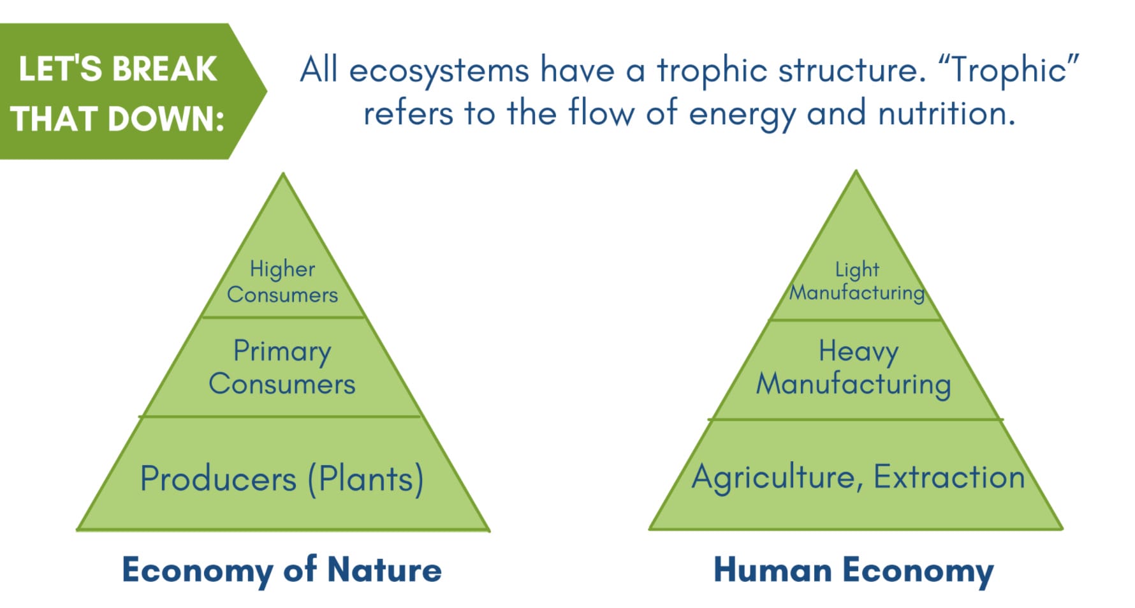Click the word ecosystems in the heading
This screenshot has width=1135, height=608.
click(439, 71)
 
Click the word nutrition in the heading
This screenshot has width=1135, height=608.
click(946, 112)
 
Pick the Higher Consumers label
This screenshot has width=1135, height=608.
click(282, 281)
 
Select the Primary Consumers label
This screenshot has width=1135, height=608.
click(282, 367)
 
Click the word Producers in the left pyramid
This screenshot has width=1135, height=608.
click(218, 478)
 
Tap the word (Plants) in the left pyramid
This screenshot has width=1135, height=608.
click(366, 479)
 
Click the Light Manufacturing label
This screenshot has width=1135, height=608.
click(857, 281)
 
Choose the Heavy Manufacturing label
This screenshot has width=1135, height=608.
click(854, 368)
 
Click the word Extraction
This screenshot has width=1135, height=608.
click(949, 476)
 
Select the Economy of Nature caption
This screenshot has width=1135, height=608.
click(282, 569)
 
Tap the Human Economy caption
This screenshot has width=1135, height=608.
click(854, 570)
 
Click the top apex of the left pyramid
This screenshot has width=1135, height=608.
click(283, 173)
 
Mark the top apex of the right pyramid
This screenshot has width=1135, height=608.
click(856, 170)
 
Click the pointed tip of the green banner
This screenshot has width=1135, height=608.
click(267, 91)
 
